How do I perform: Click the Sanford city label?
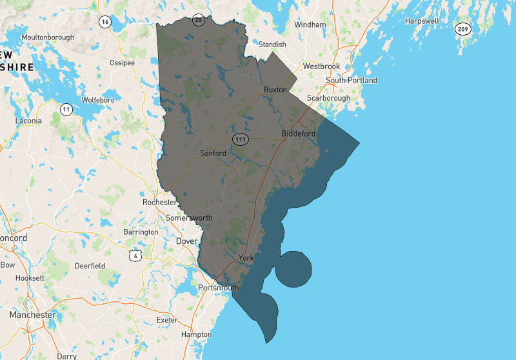[213, 154]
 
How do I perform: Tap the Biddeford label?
[299, 134]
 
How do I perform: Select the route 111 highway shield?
[241, 139]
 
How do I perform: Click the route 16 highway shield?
[104, 21]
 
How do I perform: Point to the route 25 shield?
[199, 20]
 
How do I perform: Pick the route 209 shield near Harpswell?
[462, 29]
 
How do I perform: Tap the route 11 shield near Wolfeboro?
[66, 110]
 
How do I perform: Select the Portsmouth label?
[219, 288]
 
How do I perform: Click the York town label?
[246, 257]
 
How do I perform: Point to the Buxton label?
[275, 90]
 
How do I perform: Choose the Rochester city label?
[159, 202]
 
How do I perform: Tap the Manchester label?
[32, 315]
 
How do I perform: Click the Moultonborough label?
[48, 37]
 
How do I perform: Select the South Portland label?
[352, 81]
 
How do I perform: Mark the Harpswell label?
[422, 21]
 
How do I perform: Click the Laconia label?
[28, 121]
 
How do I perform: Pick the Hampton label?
[196, 334]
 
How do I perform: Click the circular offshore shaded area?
[293, 268]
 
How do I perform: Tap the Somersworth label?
[189, 218]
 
